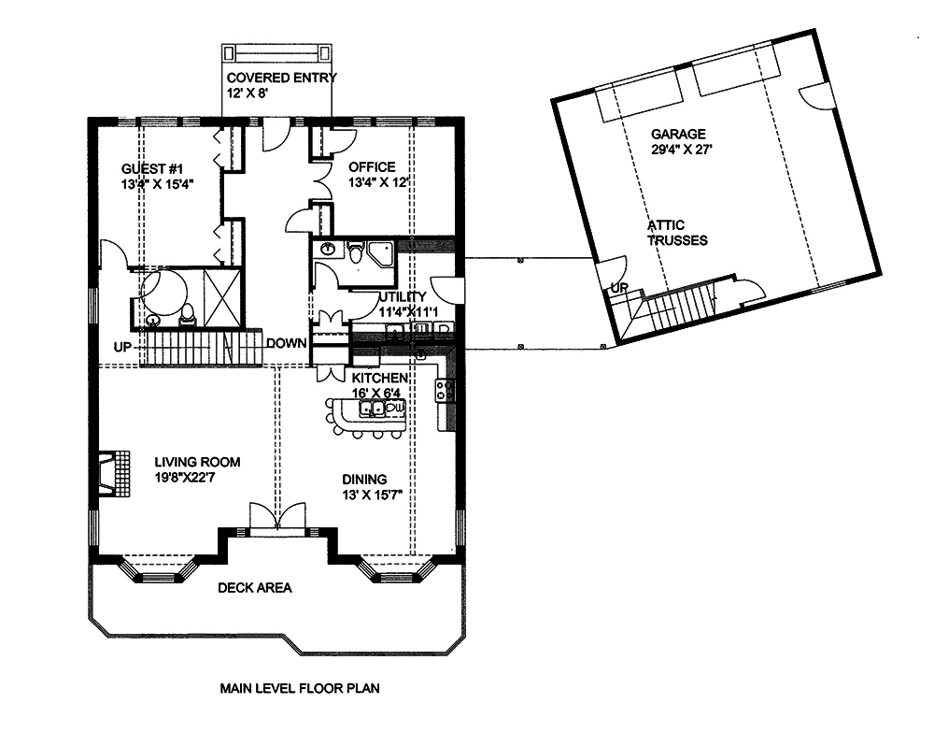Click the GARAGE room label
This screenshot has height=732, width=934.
[x=678, y=134]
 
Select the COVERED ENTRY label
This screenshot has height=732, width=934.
[x=279, y=78]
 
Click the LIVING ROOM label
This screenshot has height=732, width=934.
[x=197, y=462]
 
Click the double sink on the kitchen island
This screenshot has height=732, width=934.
[x=368, y=408]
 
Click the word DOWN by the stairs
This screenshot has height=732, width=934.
[x=286, y=343]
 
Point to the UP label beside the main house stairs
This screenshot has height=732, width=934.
[x=122, y=347]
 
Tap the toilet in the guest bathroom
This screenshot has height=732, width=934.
[x=188, y=315]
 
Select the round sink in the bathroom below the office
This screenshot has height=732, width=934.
[x=328, y=249]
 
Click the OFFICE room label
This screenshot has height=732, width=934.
[x=372, y=167]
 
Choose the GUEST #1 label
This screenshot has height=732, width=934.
[x=150, y=168]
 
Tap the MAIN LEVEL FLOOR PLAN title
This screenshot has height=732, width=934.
[x=300, y=689]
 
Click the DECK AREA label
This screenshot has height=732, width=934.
[x=254, y=588]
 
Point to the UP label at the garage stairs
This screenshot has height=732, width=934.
[x=617, y=288]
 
